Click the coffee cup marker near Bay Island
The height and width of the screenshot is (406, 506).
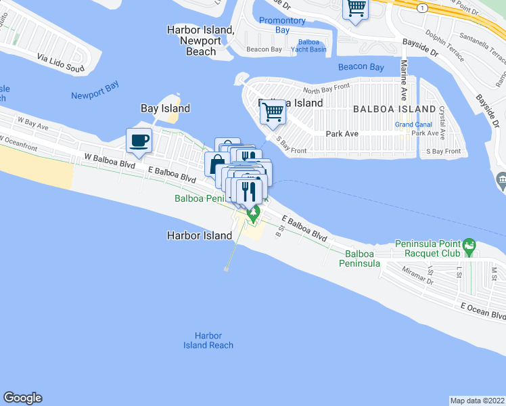click(x=139, y=141)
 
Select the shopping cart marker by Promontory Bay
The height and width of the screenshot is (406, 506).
click(x=356, y=9)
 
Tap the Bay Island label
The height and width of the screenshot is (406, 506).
click(x=165, y=108)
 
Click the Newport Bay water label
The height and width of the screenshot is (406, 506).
click(x=95, y=95)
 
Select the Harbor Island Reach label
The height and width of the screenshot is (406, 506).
click(x=208, y=340)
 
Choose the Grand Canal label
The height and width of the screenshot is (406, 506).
click(x=413, y=125)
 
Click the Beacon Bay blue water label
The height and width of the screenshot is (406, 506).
click(x=361, y=67)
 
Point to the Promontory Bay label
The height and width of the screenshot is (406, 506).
click(x=283, y=26)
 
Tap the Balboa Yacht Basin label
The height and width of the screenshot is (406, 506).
click(x=308, y=45)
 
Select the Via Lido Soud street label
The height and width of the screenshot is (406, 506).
click(x=61, y=63)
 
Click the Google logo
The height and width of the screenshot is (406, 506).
click(x=22, y=398)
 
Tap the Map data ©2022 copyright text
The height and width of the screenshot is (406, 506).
click(x=477, y=401)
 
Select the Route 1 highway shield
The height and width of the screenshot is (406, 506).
click(x=421, y=7)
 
